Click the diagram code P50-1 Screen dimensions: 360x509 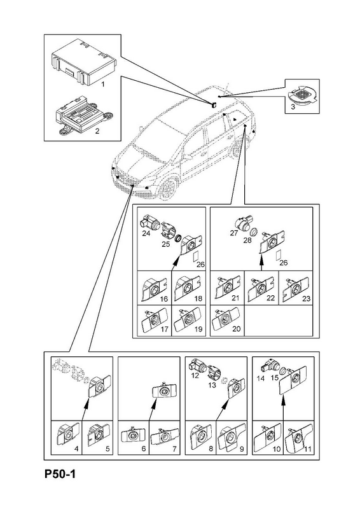tap(60, 474)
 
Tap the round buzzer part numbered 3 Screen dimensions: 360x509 tap(302, 95)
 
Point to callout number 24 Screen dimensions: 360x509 tap(146, 234)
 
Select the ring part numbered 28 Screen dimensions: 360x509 tap(255, 232)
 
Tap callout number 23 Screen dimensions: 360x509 tap(306, 298)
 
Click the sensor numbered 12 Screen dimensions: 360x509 tap(198, 365)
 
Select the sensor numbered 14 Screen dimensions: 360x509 tap(270, 366)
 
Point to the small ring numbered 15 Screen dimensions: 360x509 tap(282, 370)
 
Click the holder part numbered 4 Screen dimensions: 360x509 tap(67, 435)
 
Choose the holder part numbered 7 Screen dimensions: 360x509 tap(165, 435)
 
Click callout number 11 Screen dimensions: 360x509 tap(308, 449)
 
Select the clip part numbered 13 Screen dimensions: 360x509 tap(214, 374)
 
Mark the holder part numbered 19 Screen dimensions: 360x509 tap(188, 319)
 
